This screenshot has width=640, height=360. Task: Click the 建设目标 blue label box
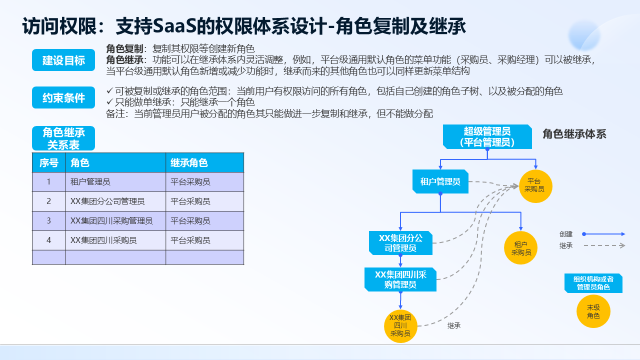(63, 60)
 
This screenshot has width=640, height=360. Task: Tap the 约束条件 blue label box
(63, 98)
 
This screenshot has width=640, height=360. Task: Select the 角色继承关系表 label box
(63, 138)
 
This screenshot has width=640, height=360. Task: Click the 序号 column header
(49, 162)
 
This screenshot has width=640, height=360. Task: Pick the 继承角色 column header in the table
(204, 162)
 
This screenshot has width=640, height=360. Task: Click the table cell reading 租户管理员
(115, 182)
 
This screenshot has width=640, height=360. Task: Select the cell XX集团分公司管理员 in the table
(115, 201)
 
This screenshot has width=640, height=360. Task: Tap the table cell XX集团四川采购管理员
(115, 221)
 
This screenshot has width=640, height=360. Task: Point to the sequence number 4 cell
(49, 240)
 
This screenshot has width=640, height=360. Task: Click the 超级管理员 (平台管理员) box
(487, 136)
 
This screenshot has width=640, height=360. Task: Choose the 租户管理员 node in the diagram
(440, 181)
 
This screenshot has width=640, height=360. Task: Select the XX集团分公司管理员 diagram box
(400, 242)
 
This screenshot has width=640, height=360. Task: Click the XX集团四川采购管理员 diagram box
(400, 279)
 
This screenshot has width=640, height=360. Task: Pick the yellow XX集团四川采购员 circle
(400, 325)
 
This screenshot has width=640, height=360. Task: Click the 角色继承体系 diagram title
(574, 134)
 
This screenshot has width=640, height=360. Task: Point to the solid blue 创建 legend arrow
(604, 233)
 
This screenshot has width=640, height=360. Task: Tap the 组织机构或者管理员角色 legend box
(593, 283)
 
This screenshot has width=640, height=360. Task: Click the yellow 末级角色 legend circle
(593, 311)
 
